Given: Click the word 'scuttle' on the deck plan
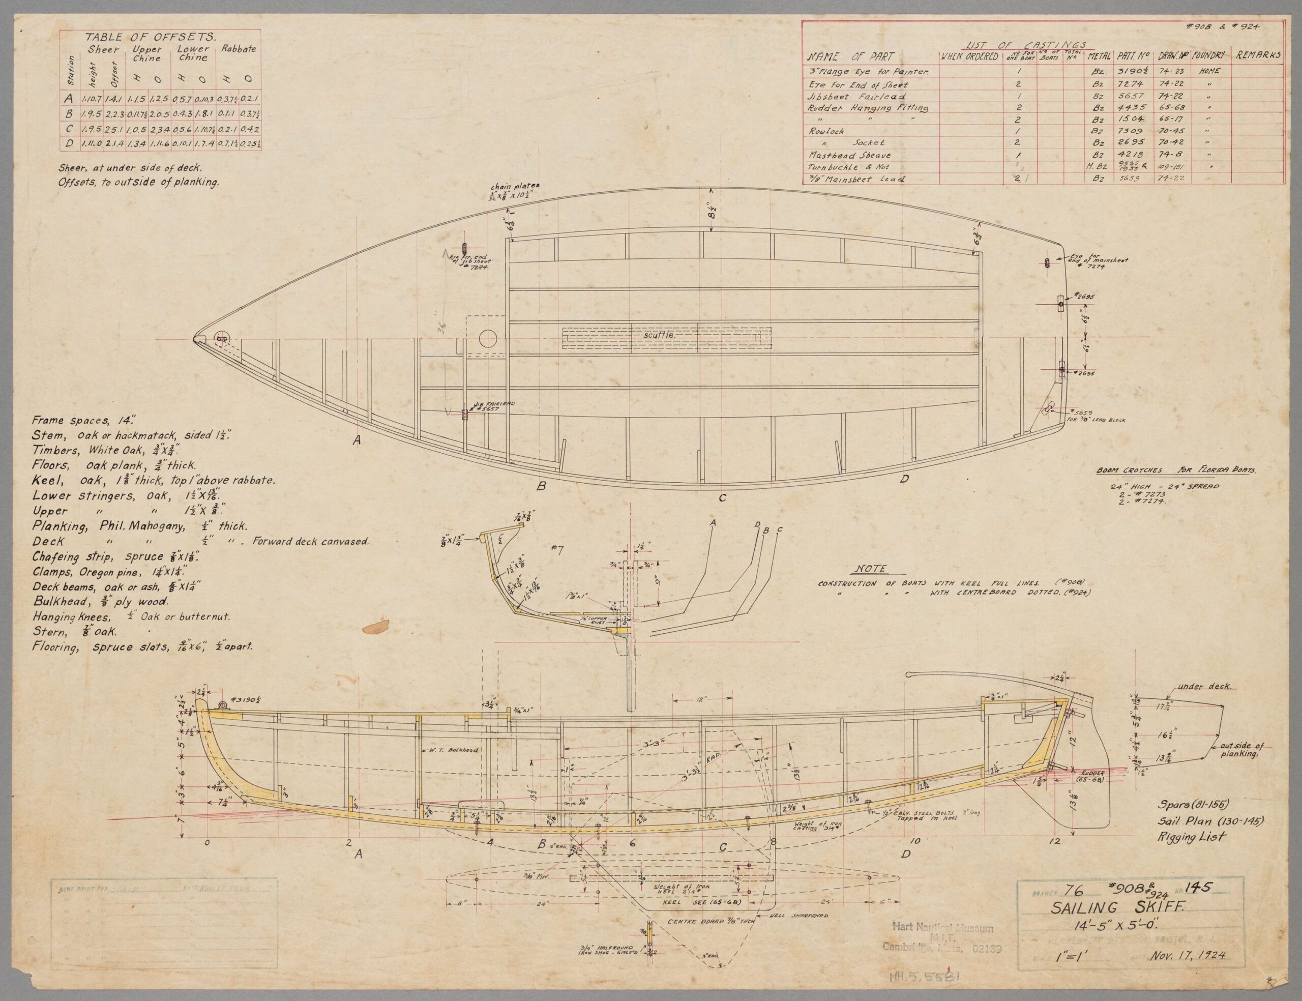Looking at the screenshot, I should [x=658, y=336].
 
